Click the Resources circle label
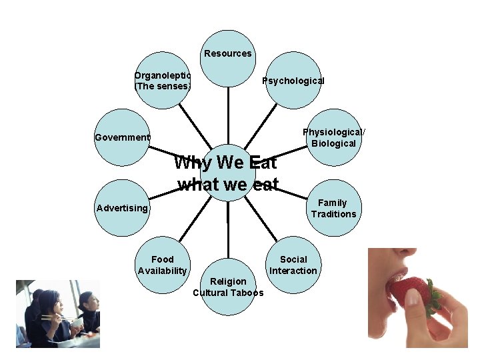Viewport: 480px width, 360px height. pos(228,53)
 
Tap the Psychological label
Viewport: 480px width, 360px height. pos(293,81)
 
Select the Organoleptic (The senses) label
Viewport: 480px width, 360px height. pos(163,81)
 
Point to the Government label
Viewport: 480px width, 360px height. pos(122,137)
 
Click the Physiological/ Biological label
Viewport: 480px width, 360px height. pos(333,138)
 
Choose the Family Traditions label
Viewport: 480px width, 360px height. pos(333,208)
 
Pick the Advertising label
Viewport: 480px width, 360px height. pos(122,208)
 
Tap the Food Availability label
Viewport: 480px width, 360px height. pos(162,265)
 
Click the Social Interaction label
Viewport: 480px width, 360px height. pos(293,265)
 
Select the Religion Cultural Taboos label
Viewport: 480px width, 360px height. pos(228,287)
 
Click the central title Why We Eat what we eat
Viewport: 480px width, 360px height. pos(227,173)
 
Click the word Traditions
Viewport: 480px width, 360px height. pos(333,214)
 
